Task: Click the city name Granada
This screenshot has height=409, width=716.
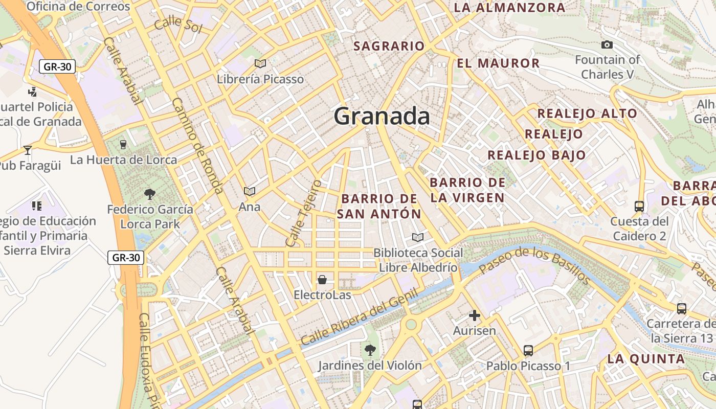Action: pos(382,117)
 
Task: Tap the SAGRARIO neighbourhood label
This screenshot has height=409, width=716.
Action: pos(389,46)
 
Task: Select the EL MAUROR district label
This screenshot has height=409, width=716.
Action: pos(498,63)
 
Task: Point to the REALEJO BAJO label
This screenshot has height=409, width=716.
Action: pos(536,155)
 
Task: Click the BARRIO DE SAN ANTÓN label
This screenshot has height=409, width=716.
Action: pos(379,206)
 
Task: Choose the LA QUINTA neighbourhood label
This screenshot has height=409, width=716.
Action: pos(646,359)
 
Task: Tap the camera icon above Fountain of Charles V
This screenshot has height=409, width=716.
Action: pos(607,45)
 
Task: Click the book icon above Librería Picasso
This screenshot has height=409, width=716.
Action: pos(260,63)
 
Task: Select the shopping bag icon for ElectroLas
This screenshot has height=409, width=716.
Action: pos(322,280)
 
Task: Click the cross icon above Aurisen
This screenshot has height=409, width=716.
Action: pos(475,315)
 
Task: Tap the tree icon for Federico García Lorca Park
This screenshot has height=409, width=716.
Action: pos(150,194)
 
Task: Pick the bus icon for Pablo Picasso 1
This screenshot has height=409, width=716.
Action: pos(528,351)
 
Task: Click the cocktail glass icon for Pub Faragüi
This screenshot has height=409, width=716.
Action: pos(28,150)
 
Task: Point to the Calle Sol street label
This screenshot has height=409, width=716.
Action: pos(178,25)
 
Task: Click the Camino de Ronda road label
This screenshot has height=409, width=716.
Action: pos(197,146)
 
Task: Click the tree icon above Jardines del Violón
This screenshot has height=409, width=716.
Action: pos(370,350)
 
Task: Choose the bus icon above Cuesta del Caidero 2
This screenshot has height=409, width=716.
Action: pos(639,207)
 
